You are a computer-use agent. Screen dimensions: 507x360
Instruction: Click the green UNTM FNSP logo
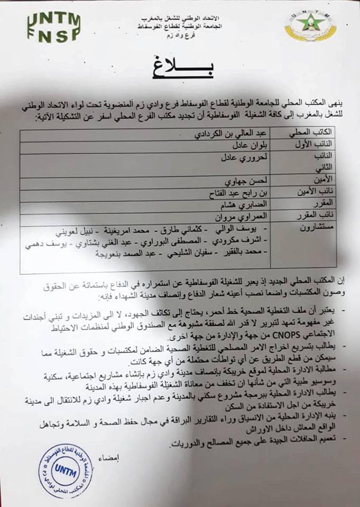pyautogui.click(x=53, y=26)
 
